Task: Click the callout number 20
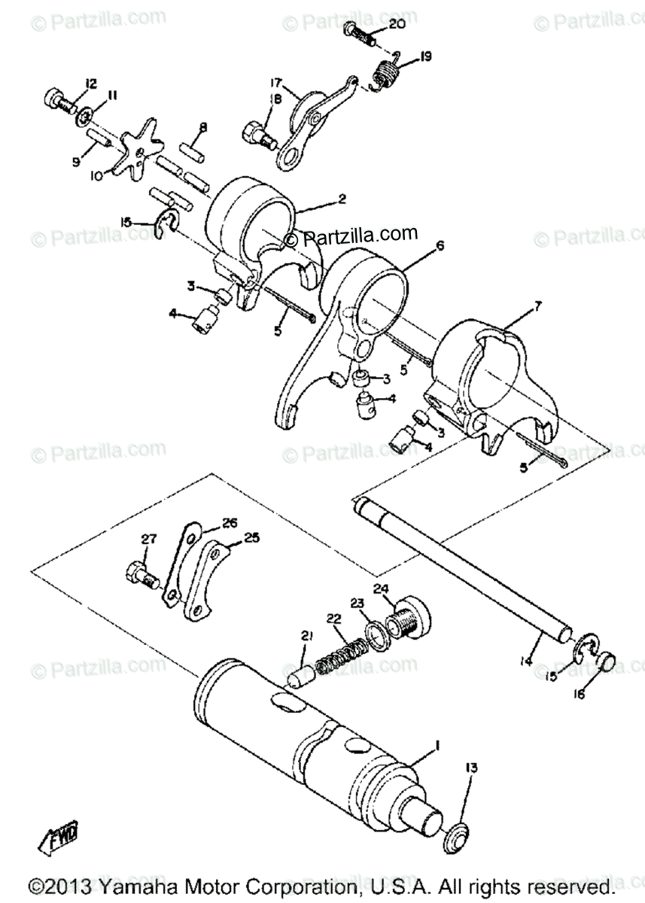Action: [397, 25]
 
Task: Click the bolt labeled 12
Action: [56, 99]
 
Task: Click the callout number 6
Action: [440, 245]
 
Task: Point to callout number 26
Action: [229, 521]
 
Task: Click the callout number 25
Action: [252, 539]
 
